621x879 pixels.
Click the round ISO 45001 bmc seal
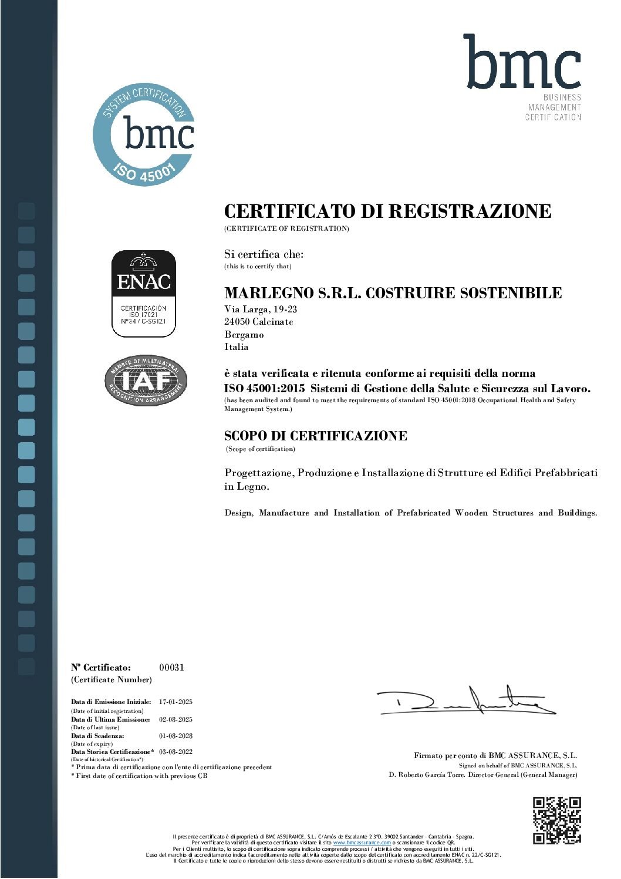(144, 134)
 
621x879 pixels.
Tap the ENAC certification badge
(144, 294)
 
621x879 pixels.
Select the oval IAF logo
(146, 381)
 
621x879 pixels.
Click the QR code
(556, 820)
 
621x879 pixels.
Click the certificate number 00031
(171, 667)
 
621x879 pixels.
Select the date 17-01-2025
(176, 702)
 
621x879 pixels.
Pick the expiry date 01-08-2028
(176, 736)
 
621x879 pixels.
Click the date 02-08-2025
(176, 719)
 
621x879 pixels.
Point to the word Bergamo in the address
(244, 335)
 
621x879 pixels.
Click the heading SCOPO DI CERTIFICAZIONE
(316, 436)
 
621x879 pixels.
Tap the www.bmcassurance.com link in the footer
(362, 842)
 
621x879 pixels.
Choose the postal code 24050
(237, 322)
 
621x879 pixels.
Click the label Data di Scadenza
(97, 736)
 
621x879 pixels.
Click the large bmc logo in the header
(522, 63)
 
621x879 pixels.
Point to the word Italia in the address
(237, 347)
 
